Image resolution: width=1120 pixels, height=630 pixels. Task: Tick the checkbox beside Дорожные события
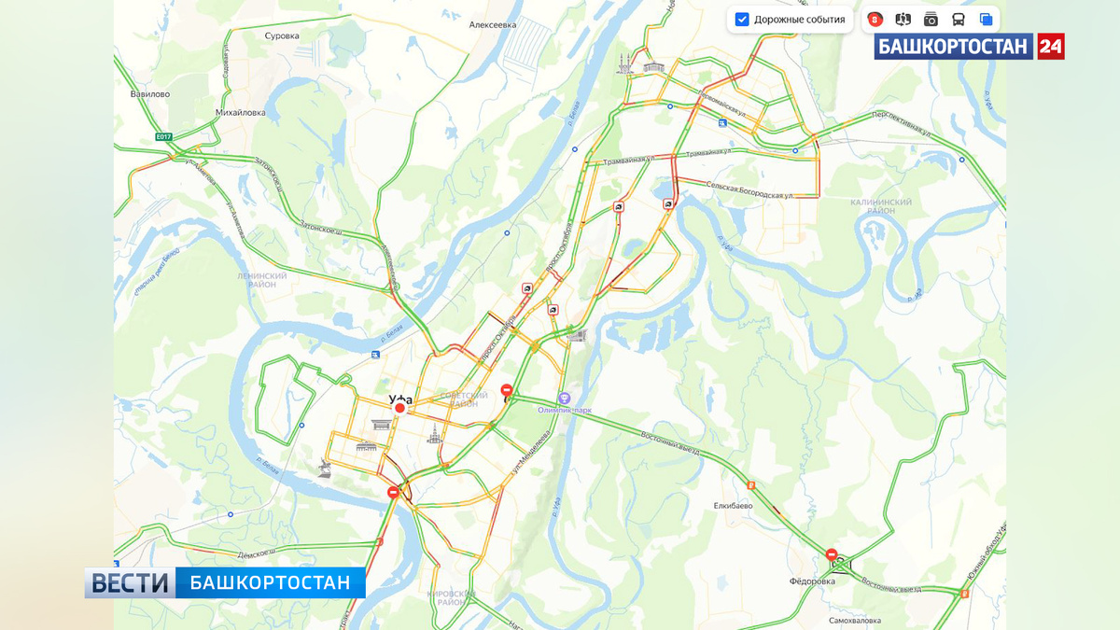[x=742, y=20]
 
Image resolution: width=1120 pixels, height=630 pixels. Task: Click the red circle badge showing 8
[x=875, y=20]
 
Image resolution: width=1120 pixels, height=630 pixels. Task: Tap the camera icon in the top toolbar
[x=931, y=20]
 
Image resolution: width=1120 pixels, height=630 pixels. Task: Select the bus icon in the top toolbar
[x=958, y=20]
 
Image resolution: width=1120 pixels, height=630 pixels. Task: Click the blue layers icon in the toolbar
[x=986, y=20]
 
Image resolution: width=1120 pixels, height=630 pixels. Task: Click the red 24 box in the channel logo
[x=1050, y=46]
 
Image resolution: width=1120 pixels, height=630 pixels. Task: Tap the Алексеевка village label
[x=493, y=25]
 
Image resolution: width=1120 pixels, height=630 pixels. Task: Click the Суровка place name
[x=282, y=35]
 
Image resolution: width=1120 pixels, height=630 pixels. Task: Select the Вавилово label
[x=149, y=94]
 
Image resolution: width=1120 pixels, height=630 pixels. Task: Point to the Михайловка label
[x=241, y=113]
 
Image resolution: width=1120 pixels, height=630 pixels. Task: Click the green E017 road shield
[x=164, y=137]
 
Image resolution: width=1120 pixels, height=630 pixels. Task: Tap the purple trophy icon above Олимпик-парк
[x=564, y=398]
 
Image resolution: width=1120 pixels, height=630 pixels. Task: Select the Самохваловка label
[x=855, y=620]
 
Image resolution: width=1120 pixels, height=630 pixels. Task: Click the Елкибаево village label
[x=733, y=506]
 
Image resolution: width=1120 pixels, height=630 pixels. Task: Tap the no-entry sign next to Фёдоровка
[x=831, y=554]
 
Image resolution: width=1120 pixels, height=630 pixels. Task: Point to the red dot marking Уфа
[x=399, y=408]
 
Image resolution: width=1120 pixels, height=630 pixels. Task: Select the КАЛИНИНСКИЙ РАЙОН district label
[x=881, y=206]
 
